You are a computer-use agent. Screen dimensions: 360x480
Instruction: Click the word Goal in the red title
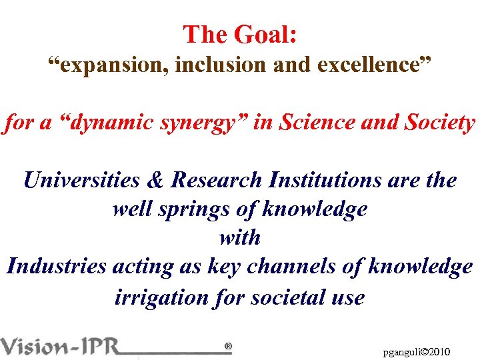click(265, 35)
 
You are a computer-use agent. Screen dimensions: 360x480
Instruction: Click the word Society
click(437, 123)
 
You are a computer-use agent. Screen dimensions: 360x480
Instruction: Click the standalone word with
click(240, 237)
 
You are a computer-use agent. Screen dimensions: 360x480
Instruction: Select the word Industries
click(57, 267)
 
